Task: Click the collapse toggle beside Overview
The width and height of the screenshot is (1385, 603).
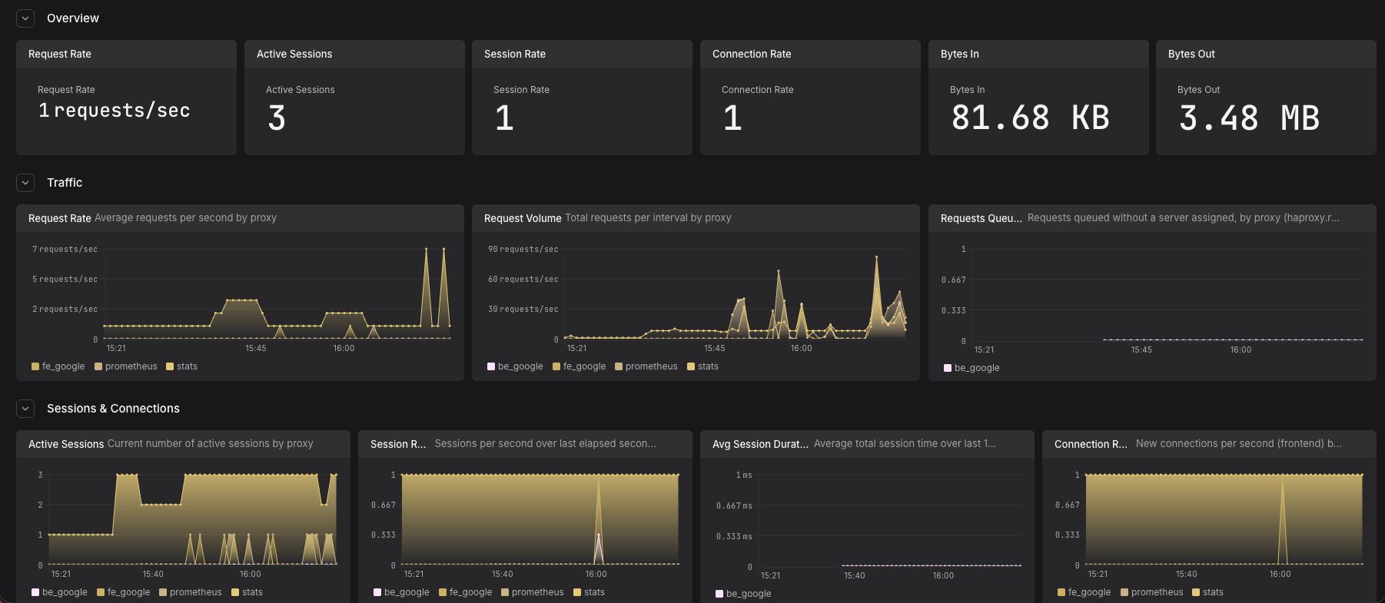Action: (x=25, y=18)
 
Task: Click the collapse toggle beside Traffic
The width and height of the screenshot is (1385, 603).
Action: (x=25, y=182)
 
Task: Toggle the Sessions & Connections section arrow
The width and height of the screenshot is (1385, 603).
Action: (x=25, y=408)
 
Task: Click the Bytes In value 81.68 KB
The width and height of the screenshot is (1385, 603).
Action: (x=1030, y=118)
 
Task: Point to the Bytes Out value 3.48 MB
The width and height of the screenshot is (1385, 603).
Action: (x=1249, y=118)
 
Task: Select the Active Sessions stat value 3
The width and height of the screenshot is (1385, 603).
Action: (x=277, y=118)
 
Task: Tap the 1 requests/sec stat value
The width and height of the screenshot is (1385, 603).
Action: (x=114, y=111)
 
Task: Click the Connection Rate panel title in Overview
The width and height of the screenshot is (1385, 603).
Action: (x=752, y=54)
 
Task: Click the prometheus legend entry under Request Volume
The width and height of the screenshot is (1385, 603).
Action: (x=646, y=366)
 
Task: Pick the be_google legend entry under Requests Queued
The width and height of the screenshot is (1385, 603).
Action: (x=971, y=368)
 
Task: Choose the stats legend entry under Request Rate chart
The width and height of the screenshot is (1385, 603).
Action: (x=182, y=366)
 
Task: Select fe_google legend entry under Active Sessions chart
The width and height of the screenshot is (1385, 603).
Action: (x=124, y=592)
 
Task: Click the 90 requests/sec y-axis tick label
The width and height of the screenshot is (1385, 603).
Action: (x=523, y=250)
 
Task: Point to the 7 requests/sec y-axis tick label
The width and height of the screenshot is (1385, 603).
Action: (x=65, y=250)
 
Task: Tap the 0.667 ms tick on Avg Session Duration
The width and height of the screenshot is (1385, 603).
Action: (x=734, y=505)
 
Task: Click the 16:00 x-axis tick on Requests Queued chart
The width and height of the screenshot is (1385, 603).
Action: (x=1241, y=350)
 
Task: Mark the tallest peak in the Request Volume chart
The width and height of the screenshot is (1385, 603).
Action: (x=876, y=257)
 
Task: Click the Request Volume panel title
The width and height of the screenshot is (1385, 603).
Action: (x=523, y=218)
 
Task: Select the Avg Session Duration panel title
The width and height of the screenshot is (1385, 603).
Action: (x=760, y=444)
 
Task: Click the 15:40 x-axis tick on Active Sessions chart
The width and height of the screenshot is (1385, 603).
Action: (x=153, y=575)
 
